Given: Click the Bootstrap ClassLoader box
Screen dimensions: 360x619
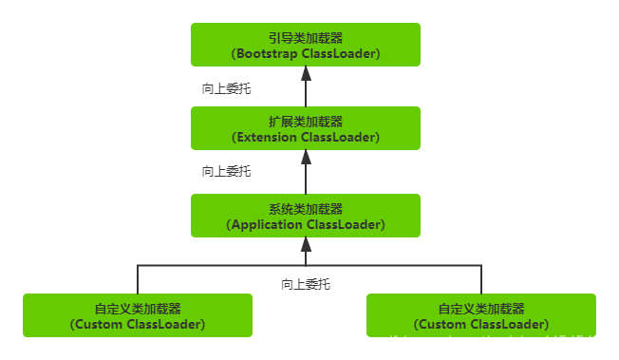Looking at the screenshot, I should point(305,45).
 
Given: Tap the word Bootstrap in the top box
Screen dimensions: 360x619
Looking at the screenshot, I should point(265,54).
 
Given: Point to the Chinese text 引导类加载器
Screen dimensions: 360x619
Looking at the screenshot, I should point(305,36).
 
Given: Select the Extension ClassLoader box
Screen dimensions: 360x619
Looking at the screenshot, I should point(305,128).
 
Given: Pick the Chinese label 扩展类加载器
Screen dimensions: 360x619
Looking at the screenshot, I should point(305,121).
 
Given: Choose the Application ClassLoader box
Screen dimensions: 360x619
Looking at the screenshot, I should point(305,216).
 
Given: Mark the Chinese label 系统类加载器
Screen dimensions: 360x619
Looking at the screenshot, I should point(305,208).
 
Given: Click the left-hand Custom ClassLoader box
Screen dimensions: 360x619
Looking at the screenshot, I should point(138,315).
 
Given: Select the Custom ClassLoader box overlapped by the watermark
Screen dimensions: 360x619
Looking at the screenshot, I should point(481,315).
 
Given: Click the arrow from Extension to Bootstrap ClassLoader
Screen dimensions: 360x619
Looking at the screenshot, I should point(305,88).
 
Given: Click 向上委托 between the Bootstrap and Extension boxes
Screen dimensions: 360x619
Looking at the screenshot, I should point(227,87).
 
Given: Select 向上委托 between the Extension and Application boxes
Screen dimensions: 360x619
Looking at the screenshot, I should point(227,172).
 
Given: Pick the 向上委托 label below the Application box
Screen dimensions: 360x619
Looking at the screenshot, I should point(305,283).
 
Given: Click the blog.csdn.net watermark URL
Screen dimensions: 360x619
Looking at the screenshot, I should point(480,342).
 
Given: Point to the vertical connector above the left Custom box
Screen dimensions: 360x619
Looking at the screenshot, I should point(138,279).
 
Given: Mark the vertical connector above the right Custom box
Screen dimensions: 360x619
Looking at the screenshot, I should point(481,279).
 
